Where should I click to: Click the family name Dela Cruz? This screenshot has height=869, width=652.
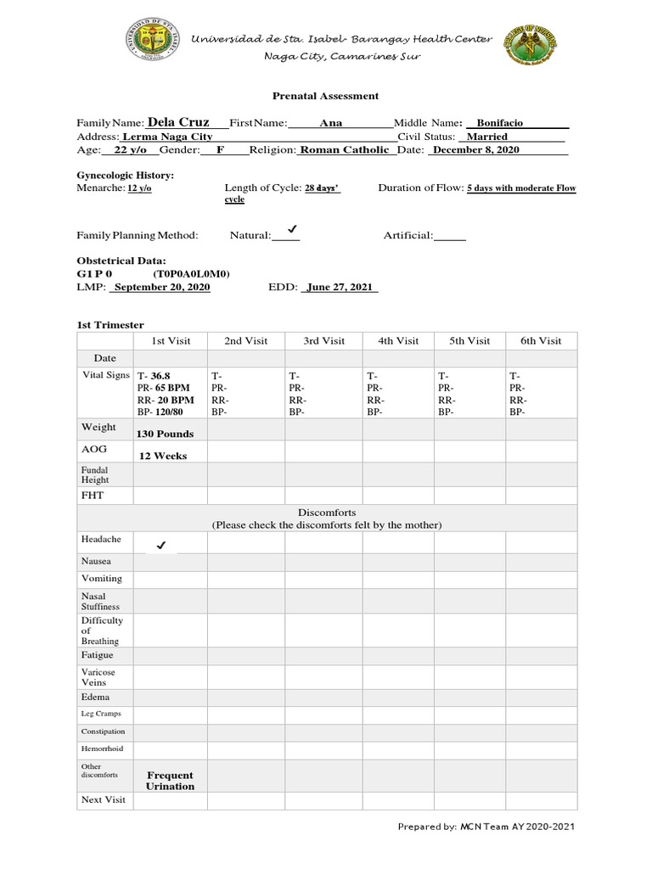pos(178,122)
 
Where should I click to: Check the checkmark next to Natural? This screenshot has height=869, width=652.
pos(291,230)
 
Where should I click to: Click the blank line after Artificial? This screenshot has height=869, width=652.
pos(450,236)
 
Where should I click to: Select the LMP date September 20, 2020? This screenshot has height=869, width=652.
pos(161,288)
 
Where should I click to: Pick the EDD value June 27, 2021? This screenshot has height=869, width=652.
pos(340,288)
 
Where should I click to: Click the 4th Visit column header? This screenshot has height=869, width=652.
pos(398,340)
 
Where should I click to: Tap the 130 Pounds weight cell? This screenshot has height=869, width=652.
pos(165,434)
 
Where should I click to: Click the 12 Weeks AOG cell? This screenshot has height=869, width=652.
pos(163,456)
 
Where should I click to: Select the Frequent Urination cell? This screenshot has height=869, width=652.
pos(170,780)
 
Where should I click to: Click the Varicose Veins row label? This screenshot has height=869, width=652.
pos(98,676)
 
